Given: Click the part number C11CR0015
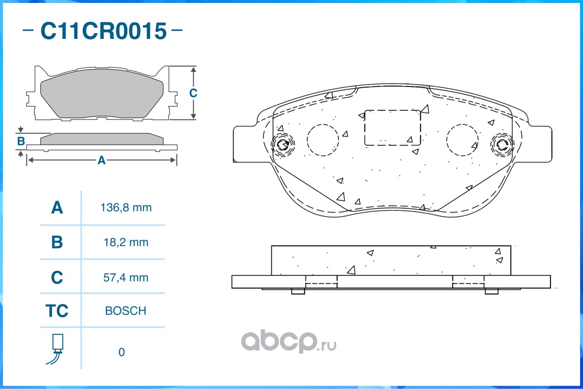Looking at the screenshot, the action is (104, 31).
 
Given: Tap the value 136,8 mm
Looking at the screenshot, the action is (126, 208).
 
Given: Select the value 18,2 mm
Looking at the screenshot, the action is (126, 243).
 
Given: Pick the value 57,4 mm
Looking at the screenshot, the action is (126, 278).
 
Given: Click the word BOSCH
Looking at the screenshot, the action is (125, 311).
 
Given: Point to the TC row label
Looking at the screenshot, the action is (57, 311).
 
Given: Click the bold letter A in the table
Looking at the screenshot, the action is (57, 208).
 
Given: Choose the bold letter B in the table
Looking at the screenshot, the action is (57, 242).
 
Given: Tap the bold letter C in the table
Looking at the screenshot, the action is (57, 278).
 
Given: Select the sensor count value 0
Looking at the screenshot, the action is (122, 352).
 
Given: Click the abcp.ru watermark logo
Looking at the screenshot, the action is (288, 341).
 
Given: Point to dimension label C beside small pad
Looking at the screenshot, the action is (193, 93).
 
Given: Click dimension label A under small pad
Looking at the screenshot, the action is (102, 160).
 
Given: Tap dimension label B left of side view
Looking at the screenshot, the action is (21, 141).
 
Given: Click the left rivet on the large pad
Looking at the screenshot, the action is (283, 144).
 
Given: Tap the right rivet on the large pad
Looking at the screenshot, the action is (502, 144).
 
